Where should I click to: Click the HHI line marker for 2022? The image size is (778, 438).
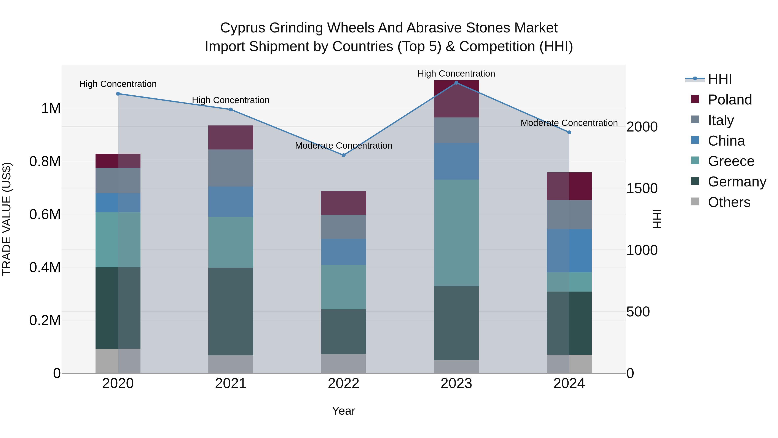tap(343, 155)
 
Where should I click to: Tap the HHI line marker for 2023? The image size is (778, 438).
tap(456, 83)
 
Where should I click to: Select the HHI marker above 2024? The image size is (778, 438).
tap(569, 132)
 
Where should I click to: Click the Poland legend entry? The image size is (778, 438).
tap(729, 100)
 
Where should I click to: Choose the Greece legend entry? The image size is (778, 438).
tap(731, 161)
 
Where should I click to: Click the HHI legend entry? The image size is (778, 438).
tap(719, 79)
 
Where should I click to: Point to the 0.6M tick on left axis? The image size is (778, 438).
tap(45, 214)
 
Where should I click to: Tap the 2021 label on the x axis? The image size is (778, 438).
tap(231, 383)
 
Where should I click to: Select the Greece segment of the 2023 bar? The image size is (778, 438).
tap(456, 233)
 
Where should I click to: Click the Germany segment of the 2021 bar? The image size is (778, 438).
tap(231, 311)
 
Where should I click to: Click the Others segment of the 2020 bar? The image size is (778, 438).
tap(118, 361)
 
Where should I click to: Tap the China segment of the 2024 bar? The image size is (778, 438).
tap(569, 251)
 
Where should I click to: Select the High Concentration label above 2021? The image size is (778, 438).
tap(231, 100)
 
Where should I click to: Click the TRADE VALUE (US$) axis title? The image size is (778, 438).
tap(7, 219)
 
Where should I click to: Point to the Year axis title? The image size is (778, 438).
tap(343, 411)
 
